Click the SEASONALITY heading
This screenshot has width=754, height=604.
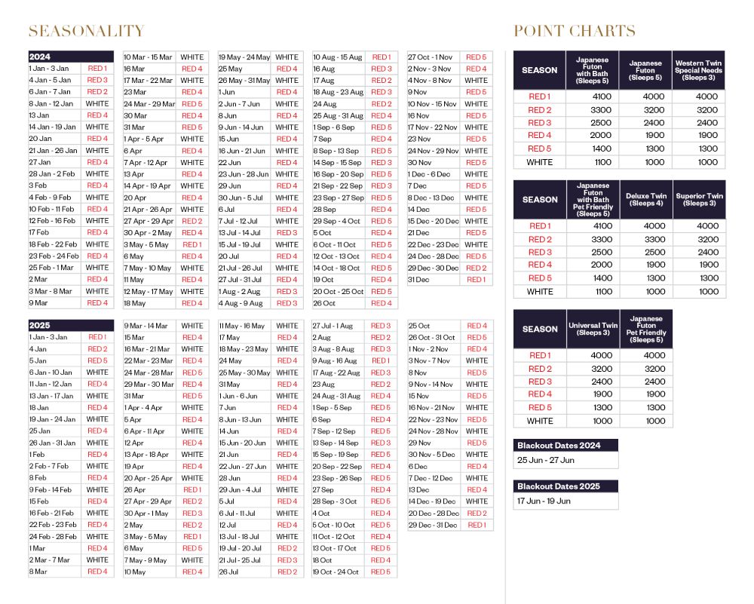point(86,31)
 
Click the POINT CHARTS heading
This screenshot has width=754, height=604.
point(574,31)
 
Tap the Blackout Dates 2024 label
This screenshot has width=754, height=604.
point(559,446)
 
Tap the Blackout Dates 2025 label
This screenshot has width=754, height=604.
point(559,486)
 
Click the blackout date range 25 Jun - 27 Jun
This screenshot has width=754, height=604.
point(545,460)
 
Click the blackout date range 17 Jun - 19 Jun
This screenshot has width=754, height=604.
point(544,501)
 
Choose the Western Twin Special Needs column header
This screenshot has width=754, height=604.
point(698,70)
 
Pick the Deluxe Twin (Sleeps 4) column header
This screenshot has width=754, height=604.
point(645,200)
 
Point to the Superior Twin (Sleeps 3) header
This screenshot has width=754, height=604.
point(698,200)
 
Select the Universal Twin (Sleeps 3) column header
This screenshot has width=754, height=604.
point(593,329)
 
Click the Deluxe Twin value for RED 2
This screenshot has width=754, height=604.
point(645,239)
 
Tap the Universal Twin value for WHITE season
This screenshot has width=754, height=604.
point(593,421)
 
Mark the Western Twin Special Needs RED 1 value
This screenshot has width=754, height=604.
point(706,97)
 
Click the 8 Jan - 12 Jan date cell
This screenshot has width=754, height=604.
point(51,103)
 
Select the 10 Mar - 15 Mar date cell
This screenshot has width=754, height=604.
point(148,57)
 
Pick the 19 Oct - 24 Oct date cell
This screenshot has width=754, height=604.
point(336,572)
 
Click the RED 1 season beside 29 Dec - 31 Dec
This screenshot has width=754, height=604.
point(477,525)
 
